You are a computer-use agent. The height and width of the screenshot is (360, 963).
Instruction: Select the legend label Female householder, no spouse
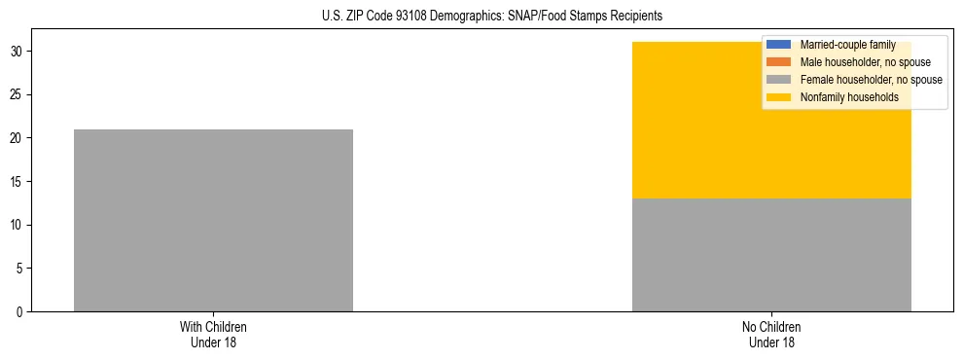pos(871,80)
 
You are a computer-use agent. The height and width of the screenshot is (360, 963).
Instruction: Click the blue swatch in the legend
pos(779,45)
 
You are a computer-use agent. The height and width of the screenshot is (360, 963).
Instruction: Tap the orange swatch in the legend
pos(779,62)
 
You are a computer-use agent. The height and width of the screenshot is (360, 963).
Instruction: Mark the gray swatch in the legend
pos(779,80)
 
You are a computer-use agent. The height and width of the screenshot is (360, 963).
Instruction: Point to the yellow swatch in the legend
pos(779,97)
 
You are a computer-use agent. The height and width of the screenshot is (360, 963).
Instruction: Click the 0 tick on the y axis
pos(21,311)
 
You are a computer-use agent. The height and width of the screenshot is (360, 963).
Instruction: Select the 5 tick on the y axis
pos(21,269)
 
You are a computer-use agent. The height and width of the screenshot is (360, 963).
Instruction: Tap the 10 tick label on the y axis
pos(18,225)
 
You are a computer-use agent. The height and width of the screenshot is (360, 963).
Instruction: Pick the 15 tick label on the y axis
pos(18,181)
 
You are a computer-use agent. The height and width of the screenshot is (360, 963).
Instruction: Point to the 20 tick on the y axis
pos(18,138)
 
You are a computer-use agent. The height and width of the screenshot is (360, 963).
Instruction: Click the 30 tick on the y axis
pos(18,51)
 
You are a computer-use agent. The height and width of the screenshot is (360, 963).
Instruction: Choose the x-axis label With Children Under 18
pos(213,334)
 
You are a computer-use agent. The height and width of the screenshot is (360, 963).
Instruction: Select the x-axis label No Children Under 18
pos(771,334)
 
